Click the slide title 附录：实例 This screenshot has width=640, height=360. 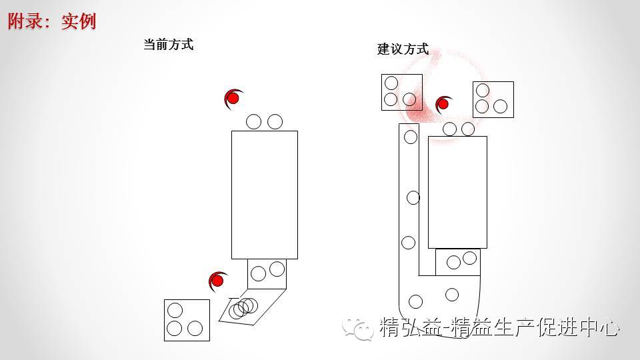tap(52, 21)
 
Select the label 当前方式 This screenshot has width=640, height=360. tap(168, 45)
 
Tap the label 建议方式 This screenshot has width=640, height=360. tap(403, 49)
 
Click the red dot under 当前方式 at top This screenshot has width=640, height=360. tap(233, 99)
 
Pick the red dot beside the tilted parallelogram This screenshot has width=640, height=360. tap(217, 280)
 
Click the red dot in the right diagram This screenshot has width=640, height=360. tap(443, 104)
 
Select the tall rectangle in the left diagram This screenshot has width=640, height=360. tap(264, 195)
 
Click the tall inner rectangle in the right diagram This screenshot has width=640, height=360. tap(457, 192)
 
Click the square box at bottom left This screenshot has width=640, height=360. tap(187, 320)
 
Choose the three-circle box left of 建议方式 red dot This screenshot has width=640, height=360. tap(401, 92)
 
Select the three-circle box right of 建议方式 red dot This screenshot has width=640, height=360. tap(493, 99)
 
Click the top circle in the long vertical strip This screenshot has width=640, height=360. tap(411, 137)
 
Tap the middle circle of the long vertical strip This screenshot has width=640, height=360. tap(413, 197)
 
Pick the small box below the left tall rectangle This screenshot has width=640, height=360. tap(267, 273)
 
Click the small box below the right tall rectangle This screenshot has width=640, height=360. tap(458, 261)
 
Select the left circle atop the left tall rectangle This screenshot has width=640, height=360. tap(253, 121)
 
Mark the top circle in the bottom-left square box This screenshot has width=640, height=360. tap(175, 310)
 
